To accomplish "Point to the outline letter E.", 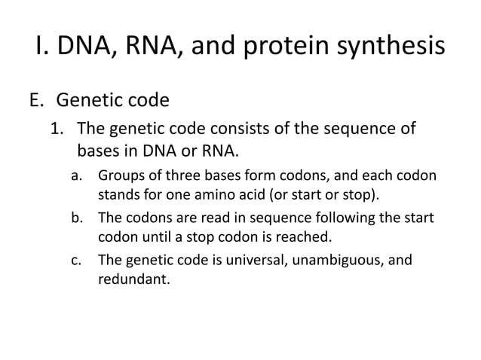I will pos(37,99).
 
